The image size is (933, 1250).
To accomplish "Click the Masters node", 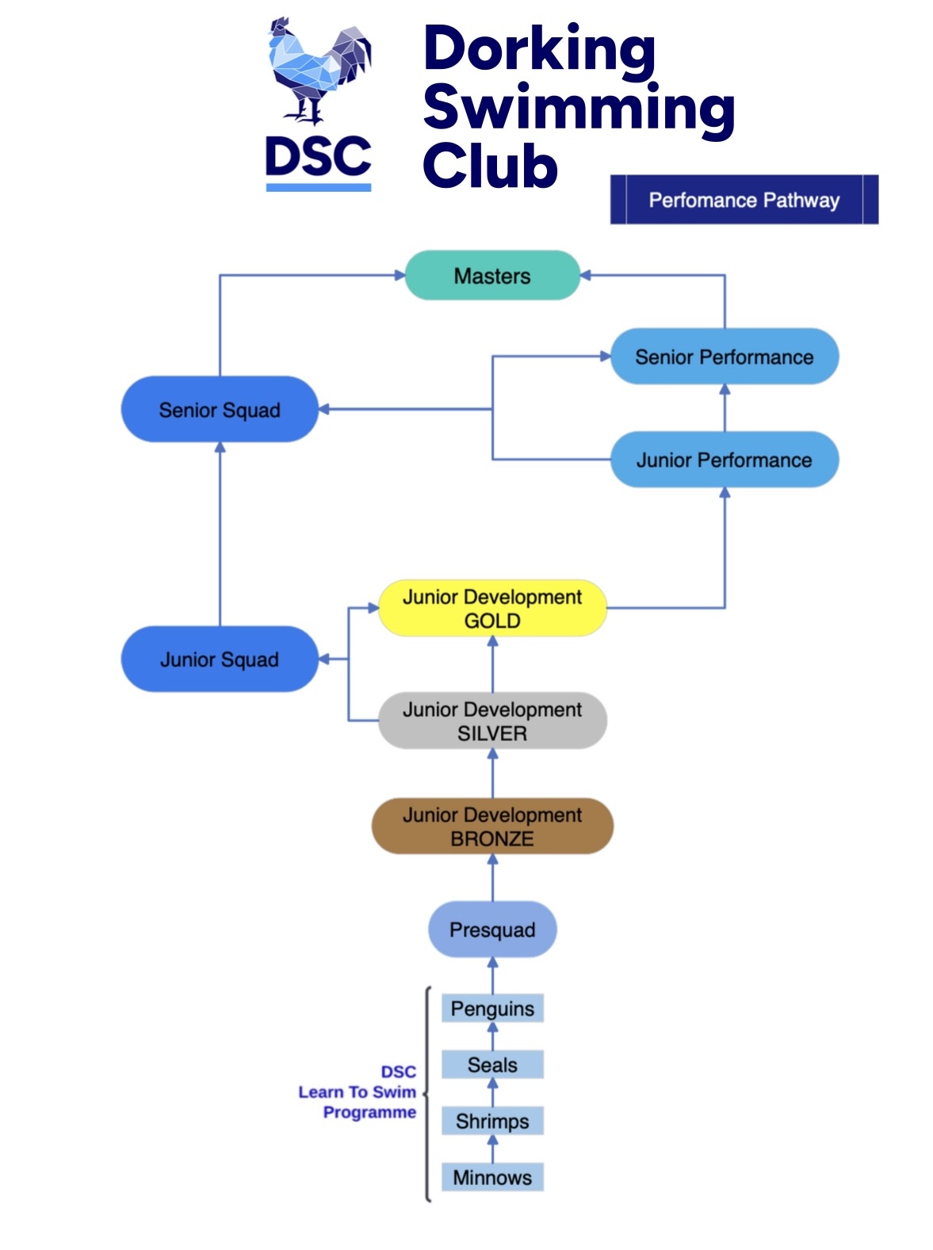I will point(492,276).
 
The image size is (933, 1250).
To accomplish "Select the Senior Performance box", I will point(724,357).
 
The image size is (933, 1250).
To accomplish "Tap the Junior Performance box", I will point(724,460).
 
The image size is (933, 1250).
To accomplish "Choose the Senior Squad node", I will point(220,410).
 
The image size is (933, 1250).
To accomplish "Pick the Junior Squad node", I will point(220,659).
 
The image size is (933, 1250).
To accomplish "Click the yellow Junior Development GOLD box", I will point(492,609).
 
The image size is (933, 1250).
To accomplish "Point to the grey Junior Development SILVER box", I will point(492,721).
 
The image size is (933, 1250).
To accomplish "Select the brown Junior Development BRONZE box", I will point(492,827).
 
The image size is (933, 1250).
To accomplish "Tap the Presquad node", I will point(492,930).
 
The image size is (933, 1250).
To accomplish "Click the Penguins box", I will point(492,1009).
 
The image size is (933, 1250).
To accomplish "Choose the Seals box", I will point(492,1065).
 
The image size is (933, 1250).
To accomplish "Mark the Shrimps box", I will point(492,1122).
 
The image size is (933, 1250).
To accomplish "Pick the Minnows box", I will point(492,1178).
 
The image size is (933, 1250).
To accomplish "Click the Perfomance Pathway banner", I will point(744,200).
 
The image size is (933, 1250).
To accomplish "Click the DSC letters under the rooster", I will point(318,157).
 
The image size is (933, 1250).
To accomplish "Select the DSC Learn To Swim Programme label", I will point(358,1092).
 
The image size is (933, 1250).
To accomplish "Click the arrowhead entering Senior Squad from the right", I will point(324,410).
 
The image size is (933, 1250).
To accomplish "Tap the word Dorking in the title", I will point(539,49).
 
